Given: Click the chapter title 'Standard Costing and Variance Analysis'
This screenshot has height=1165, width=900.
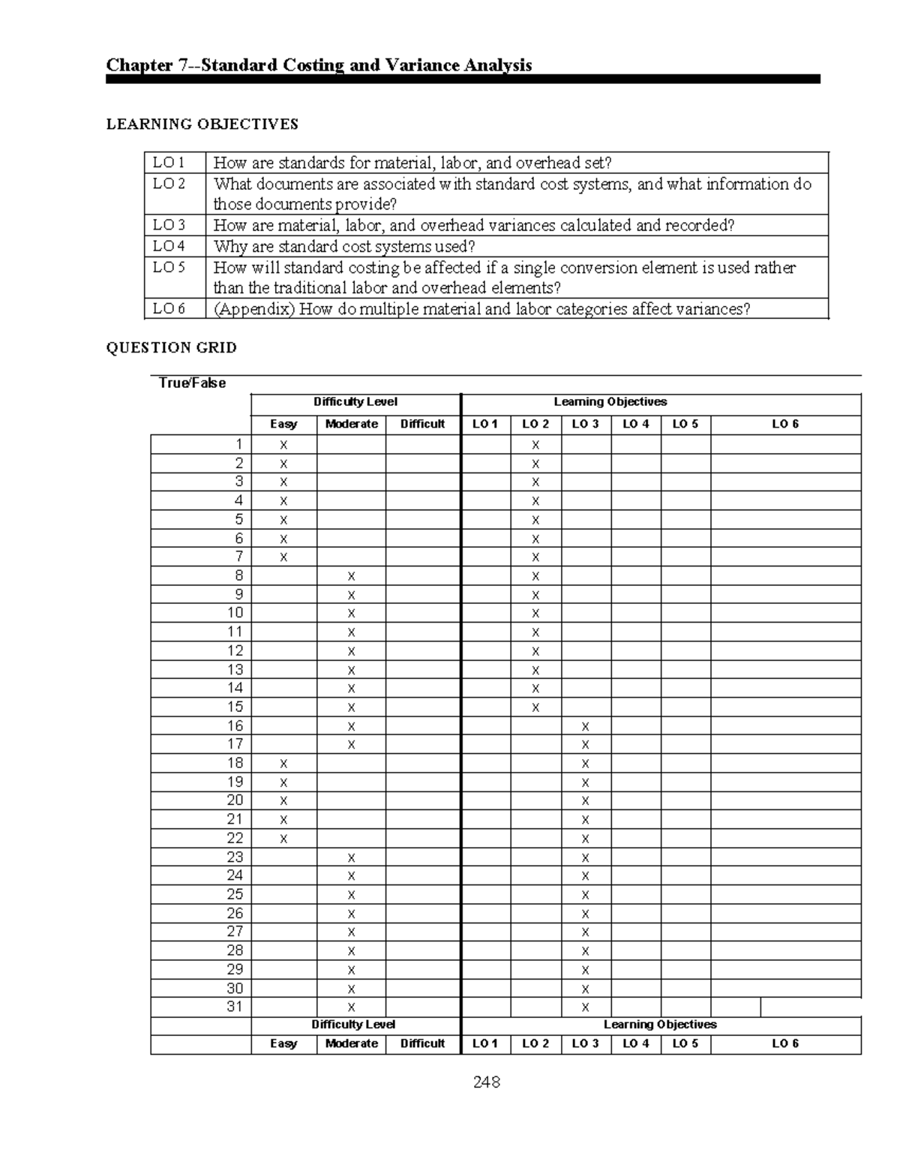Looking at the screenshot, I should click(319, 65).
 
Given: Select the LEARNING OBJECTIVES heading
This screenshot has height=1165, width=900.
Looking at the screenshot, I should click(202, 125).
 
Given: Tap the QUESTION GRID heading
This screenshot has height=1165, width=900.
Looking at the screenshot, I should click(171, 347).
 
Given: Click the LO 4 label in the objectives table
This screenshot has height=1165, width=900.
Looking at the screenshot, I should click(169, 246).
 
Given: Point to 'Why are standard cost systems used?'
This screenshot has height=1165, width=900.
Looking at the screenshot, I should click(344, 247).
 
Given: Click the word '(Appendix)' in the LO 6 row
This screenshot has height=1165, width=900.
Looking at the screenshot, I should click(253, 309).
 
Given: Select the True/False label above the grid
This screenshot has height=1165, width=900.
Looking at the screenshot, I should click(192, 383).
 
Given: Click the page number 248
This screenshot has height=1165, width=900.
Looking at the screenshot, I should click(486, 1082).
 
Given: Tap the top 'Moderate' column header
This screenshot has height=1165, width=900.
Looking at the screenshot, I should click(351, 424).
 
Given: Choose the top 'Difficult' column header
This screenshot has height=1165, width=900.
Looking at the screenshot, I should click(422, 424).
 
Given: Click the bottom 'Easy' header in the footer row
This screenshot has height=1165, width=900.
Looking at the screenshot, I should click(283, 1043).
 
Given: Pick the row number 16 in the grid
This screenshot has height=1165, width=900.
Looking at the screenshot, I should click(235, 725).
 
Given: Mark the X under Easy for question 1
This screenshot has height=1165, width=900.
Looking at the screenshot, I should click(283, 445).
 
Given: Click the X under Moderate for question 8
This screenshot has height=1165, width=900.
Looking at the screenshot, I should click(351, 576).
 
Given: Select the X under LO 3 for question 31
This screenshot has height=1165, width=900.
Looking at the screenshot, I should click(585, 1007).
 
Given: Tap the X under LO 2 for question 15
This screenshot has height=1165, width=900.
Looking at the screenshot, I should click(535, 707).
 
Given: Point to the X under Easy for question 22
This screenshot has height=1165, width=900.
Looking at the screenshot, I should click(283, 839).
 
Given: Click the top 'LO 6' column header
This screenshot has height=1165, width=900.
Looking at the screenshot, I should click(785, 424).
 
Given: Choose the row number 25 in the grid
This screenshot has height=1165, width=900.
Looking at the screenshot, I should click(235, 894).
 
